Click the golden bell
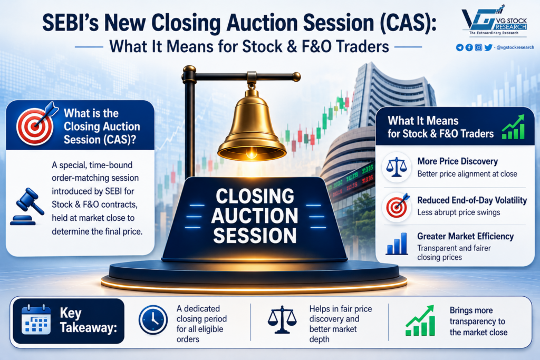pyautogui.click(x=252, y=128)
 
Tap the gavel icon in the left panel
pyautogui.click(x=27, y=207)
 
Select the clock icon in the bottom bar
pyautogui.click(x=153, y=320)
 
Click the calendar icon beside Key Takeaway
pyautogui.click(x=36, y=319)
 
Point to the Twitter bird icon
pyautogui.click(x=488, y=47)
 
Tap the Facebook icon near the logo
pyautogui.click(x=469, y=47)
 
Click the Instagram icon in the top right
pyautogui.click(x=478, y=47)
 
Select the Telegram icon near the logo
pyautogui.click(x=460, y=47)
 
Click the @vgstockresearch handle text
pyautogui.click(x=515, y=47)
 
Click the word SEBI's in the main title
pyautogui.click(x=70, y=23)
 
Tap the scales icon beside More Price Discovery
pyautogui.click(x=397, y=167)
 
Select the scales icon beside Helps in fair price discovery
pyautogui.click(x=282, y=320)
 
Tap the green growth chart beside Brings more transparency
pyautogui.click(x=420, y=320)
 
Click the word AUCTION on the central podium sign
pyautogui.click(x=255, y=216)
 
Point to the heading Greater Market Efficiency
pyautogui.click(x=465, y=237)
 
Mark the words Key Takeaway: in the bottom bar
pyautogui.click(x=88, y=320)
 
